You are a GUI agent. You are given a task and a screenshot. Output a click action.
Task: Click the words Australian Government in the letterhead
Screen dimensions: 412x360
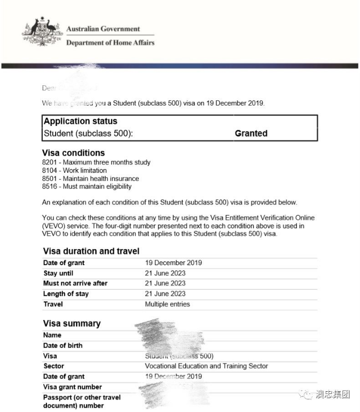click(x=103, y=29)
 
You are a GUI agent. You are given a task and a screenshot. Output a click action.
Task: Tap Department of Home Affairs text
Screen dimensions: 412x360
click(x=110, y=43)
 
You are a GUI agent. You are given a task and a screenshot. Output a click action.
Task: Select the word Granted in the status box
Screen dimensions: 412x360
click(x=251, y=133)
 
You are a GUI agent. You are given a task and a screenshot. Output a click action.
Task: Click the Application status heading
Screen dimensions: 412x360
click(x=80, y=121)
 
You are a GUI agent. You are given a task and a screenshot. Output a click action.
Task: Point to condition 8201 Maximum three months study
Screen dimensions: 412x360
click(x=96, y=162)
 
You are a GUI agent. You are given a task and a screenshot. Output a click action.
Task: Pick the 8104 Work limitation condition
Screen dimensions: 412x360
click(x=74, y=170)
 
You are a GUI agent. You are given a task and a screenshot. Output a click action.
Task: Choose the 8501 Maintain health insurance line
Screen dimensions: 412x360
click(x=90, y=178)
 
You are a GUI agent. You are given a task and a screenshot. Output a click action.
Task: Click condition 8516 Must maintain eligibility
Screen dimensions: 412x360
click(x=87, y=186)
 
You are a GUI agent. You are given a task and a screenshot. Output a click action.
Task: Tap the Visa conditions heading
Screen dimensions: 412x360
click(x=73, y=153)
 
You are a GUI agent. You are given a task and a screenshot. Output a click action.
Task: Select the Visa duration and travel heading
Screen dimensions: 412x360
click(x=91, y=251)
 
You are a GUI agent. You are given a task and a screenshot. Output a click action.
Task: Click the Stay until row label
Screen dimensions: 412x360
click(x=58, y=273)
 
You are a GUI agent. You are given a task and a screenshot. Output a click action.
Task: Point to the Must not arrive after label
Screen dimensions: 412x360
click(x=75, y=283)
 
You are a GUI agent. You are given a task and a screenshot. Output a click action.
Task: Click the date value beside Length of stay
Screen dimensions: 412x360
click(x=165, y=294)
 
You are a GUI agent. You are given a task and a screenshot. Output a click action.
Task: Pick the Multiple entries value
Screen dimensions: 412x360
click(x=167, y=304)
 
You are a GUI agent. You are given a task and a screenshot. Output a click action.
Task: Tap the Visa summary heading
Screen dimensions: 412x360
click(x=72, y=323)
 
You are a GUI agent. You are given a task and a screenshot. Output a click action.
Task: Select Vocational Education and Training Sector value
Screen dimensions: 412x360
click(x=206, y=366)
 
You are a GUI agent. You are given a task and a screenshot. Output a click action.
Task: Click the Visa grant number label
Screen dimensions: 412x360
click(x=72, y=387)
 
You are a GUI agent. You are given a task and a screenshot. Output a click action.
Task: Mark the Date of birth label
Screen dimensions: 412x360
click(x=62, y=345)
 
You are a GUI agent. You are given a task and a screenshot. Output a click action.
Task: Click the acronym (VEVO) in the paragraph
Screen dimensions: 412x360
click(x=53, y=226)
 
